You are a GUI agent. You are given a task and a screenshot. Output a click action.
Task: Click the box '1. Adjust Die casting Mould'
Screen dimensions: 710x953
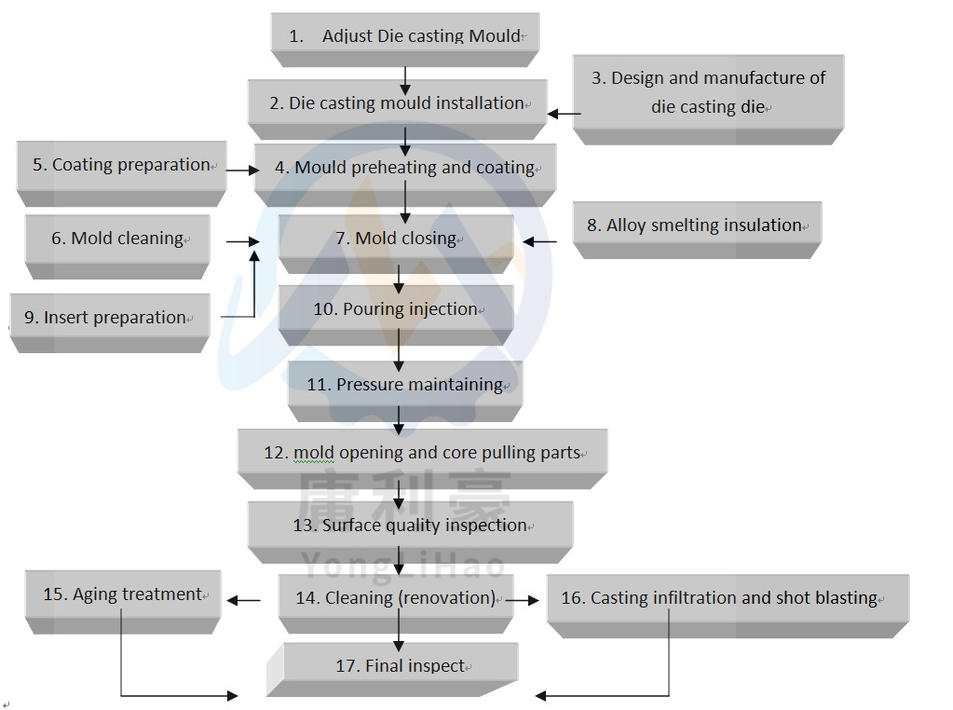(405, 36)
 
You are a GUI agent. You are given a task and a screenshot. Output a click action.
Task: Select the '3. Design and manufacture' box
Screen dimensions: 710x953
(708, 92)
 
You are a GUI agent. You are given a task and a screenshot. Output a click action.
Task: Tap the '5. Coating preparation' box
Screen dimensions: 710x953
(121, 166)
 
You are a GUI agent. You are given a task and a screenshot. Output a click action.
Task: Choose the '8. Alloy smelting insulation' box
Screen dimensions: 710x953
(696, 225)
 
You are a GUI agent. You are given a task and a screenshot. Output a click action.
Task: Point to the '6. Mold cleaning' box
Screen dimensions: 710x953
(117, 239)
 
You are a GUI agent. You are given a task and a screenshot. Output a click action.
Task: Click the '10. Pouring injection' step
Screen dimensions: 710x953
(395, 309)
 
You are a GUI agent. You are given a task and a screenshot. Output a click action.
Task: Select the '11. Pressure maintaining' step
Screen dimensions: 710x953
(405, 385)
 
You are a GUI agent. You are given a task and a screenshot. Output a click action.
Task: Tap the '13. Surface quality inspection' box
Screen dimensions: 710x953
(410, 526)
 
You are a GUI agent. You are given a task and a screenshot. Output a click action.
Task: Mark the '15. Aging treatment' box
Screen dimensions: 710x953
(122, 594)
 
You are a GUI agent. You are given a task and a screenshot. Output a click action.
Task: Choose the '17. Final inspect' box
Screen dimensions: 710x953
(401, 666)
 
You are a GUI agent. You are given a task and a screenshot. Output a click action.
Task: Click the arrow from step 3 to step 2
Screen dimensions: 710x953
(564, 114)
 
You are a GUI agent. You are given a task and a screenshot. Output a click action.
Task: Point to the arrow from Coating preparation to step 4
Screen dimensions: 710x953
(242, 171)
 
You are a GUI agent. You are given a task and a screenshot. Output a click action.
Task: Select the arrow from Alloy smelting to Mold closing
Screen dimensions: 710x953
(539, 241)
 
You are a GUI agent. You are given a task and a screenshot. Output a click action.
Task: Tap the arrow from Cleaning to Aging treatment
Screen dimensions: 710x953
(244, 601)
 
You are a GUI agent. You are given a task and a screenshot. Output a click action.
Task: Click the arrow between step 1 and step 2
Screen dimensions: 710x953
(405, 81)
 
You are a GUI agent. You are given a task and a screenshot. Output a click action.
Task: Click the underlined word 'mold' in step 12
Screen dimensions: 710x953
(314, 454)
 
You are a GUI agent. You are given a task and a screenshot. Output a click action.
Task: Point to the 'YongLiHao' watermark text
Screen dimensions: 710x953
(403, 565)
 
